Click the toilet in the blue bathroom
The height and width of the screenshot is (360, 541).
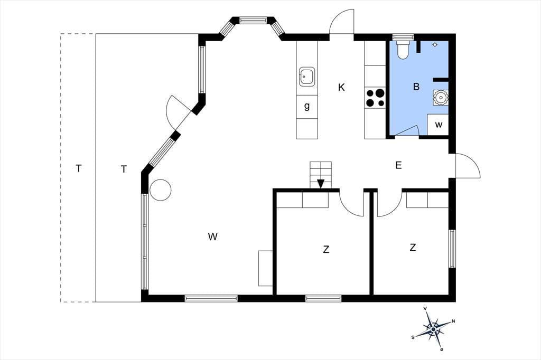[403, 49]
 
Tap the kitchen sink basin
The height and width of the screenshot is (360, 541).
[307, 77]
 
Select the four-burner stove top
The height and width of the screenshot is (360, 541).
[375, 98]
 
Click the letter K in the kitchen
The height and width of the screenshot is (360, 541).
[341, 88]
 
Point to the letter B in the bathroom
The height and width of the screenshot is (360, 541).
[416, 87]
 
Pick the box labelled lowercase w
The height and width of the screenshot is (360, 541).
[438, 125]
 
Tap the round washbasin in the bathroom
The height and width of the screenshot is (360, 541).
[441, 98]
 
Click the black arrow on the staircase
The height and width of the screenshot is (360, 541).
[321, 184]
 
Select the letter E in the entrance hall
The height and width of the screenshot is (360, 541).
[398, 166]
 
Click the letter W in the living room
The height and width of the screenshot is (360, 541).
[212, 236]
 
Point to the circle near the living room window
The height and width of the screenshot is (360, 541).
[161, 190]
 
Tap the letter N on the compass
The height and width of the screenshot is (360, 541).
[454, 321]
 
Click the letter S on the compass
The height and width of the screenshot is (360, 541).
[413, 337]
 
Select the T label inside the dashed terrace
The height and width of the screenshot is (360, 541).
[79, 168]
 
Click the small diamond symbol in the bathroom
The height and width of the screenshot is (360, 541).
[435, 44]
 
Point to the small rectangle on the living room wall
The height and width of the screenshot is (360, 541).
[266, 268]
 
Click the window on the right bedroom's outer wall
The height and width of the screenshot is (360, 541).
[452, 248]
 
